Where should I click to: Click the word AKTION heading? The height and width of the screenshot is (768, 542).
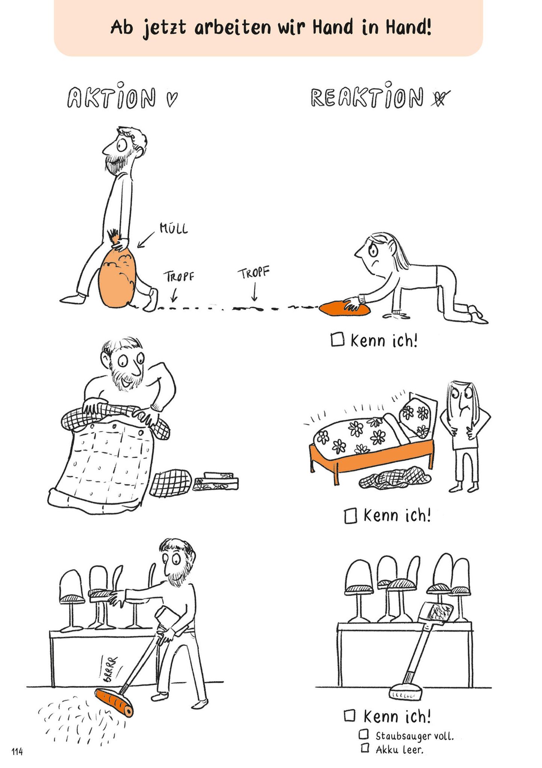click(111, 98)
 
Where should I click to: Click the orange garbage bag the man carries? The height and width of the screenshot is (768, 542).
click(117, 277)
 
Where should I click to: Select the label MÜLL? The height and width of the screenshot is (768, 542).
click(174, 229)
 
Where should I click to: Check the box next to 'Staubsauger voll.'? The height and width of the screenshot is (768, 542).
click(364, 734)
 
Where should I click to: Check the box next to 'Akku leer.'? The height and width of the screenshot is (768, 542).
click(364, 748)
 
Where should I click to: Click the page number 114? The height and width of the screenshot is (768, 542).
click(17, 752)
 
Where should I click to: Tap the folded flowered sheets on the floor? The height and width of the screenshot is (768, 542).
click(216, 483)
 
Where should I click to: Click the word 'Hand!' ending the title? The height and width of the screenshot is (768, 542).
click(408, 27)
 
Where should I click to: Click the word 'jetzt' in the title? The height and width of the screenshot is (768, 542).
click(164, 28)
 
